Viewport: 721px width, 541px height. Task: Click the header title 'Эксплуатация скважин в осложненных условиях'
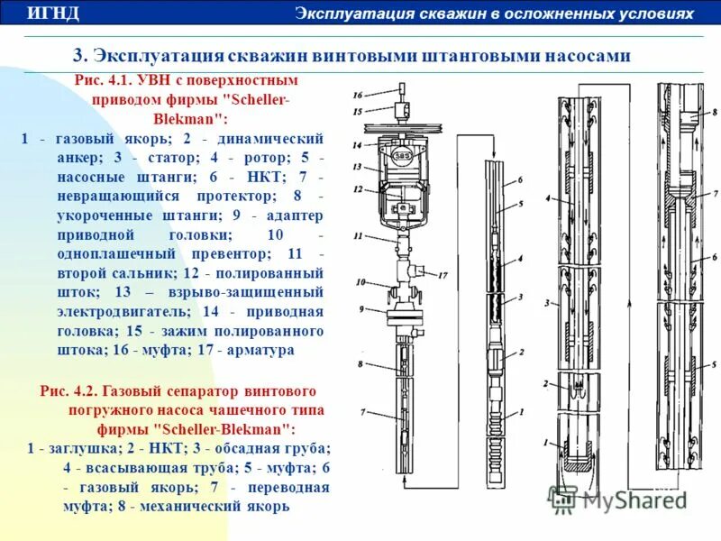(495, 14)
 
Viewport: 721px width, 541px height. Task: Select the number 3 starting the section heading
(78, 55)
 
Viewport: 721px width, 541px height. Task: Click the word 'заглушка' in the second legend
(74, 447)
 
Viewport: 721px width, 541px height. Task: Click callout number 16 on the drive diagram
(357, 95)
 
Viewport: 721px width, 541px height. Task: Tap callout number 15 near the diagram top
(357, 111)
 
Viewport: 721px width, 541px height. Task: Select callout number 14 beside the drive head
(357, 145)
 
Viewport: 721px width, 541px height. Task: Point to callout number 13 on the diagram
(357, 167)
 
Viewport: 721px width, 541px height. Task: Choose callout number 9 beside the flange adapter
(360, 309)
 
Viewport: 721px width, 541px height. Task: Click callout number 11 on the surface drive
(358, 236)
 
